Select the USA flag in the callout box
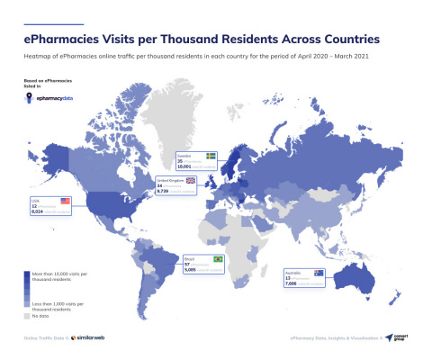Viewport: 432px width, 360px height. pyautogui.click(x=64, y=200)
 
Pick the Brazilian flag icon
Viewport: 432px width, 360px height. pyautogui.click(x=217, y=259)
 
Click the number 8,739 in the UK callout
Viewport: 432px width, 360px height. pyautogui.click(x=163, y=191)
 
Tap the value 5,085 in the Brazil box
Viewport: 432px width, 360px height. pyautogui.click(x=190, y=268)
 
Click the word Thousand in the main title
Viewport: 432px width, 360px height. pyautogui.click(x=212, y=39)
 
